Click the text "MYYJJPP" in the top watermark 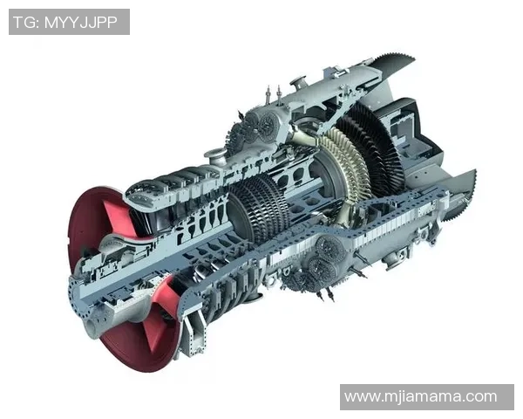81,23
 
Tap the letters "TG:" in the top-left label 27,23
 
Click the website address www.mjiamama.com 421,396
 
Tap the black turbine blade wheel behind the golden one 374,147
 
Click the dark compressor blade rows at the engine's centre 259,207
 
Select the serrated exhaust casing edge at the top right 394,64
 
